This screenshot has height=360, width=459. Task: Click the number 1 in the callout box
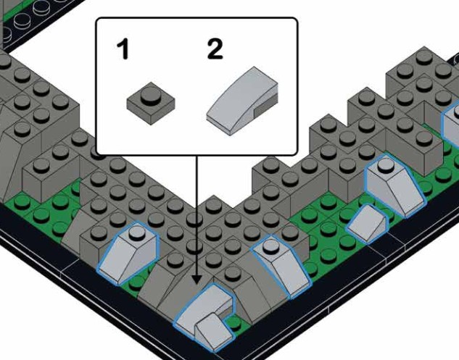[123, 49]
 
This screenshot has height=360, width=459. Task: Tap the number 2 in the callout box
[215, 49]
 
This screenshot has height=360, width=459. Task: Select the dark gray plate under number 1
[151, 104]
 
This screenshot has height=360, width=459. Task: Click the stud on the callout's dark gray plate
[151, 95]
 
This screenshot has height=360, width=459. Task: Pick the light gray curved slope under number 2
[242, 101]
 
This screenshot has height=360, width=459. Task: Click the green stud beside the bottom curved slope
[234, 322]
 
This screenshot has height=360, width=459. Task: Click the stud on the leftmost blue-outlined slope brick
[137, 232]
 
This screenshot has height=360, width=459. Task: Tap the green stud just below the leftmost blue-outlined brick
[136, 282]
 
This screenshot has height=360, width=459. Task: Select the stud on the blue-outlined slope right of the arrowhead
[270, 246]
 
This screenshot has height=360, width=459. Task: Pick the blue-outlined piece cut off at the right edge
[451, 123]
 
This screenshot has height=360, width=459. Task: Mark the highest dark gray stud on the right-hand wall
[424, 57]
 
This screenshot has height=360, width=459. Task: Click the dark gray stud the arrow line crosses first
[194, 219]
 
